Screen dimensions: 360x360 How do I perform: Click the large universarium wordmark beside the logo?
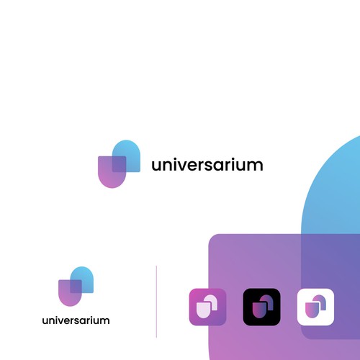[x=207, y=165]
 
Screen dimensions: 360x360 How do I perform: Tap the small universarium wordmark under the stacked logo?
[x=76, y=320]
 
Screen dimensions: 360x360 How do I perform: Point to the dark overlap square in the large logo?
[x=119, y=164]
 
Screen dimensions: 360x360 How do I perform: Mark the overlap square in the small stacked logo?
[x=76, y=287]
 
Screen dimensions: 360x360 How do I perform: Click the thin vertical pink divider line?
[x=156, y=302]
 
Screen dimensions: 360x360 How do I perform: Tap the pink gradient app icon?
[x=208, y=307]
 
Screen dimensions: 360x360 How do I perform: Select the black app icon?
[x=261, y=307]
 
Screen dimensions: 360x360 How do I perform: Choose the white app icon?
[x=315, y=307]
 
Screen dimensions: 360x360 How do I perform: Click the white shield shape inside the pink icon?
[x=204, y=310]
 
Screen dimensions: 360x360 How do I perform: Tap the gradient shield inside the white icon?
[x=312, y=310]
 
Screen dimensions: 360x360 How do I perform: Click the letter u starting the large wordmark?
[x=157, y=166]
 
